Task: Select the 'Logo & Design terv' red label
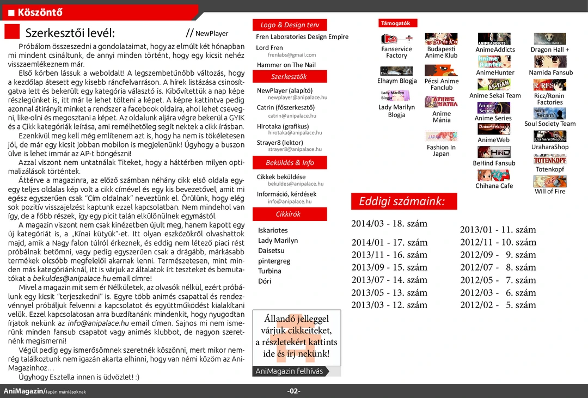pyautogui.click(x=290, y=25)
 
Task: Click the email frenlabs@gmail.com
pyautogui.click(x=292, y=55)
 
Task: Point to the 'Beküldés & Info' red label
pyautogui.click(x=290, y=163)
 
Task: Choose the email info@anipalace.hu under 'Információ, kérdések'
pyautogui.click(x=290, y=201)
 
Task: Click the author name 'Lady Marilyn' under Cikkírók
pyautogui.click(x=278, y=241)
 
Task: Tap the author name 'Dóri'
pyautogui.click(x=265, y=281)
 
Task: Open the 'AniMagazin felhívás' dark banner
pyautogui.click(x=289, y=371)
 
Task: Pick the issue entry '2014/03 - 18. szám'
pyautogui.click(x=389, y=224)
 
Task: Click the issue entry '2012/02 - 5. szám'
pyautogui.click(x=498, y=305)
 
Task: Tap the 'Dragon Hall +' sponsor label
pyautogui.click(x=550, y=50)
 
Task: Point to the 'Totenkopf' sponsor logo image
pyautogui.click(x=549, y=160)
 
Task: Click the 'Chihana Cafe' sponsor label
pyautogui.click(x=494, y=186)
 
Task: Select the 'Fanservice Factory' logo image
pyautogui.click(x=396, y=39)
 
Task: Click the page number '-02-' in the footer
pyautogui.click(x=294, y=391)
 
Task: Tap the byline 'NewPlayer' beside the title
pyautogui.click(x=212, y=34)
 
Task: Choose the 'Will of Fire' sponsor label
pyautogui.click(x=550, y=192)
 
